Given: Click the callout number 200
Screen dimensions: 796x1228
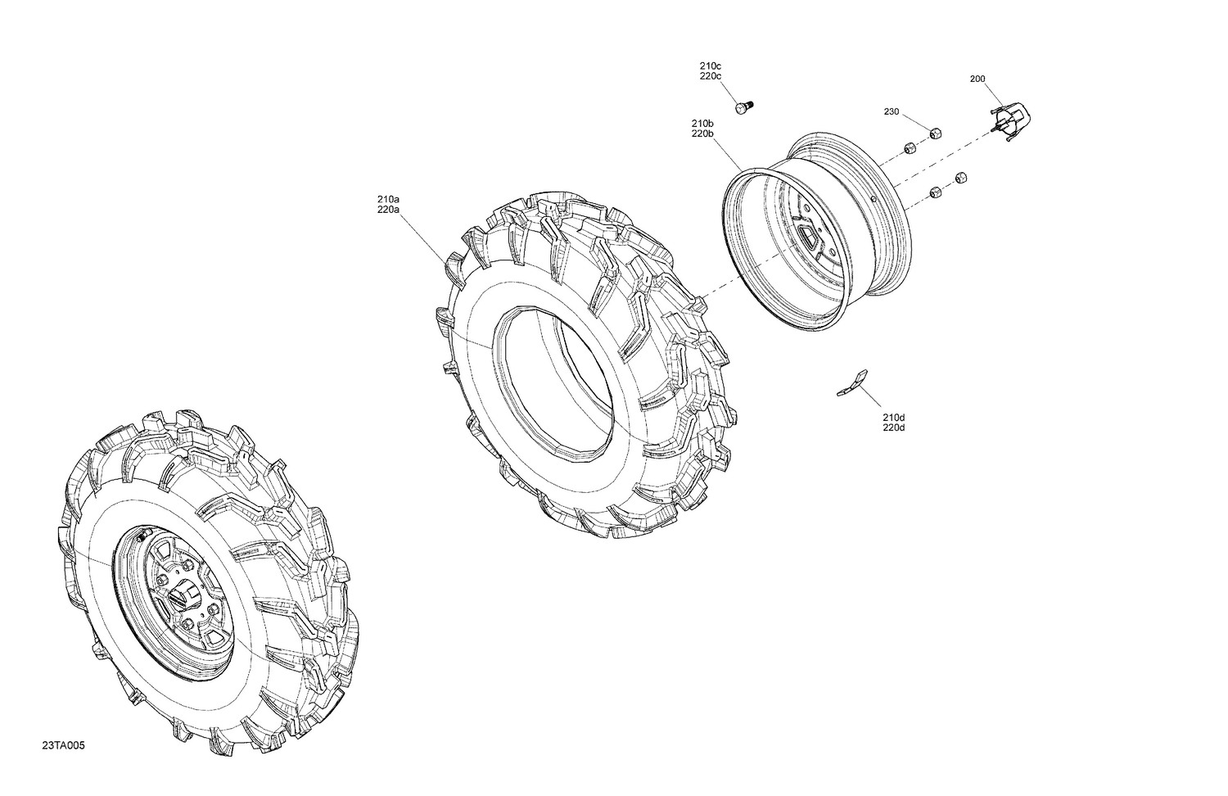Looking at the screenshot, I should point(977,79).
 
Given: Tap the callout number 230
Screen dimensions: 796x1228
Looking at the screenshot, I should point(891,111).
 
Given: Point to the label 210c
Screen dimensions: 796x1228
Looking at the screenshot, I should point(710,66).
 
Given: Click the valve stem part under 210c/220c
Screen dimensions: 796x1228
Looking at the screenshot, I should point(743,107).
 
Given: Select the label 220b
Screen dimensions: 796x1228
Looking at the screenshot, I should point(702,133).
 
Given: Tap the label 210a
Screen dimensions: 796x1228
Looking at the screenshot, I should point(388,199).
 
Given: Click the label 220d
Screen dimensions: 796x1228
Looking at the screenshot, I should point(893,428).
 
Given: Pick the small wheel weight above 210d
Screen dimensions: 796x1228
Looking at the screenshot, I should point(852,383).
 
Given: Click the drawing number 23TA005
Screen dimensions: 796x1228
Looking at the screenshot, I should point(63,746).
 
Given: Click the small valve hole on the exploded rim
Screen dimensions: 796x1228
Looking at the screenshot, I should point(874,198).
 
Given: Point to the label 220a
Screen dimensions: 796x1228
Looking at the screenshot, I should point(388,210).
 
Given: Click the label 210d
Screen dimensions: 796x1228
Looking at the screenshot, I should point(893,418).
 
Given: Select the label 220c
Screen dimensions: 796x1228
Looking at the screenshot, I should point(710,76).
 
